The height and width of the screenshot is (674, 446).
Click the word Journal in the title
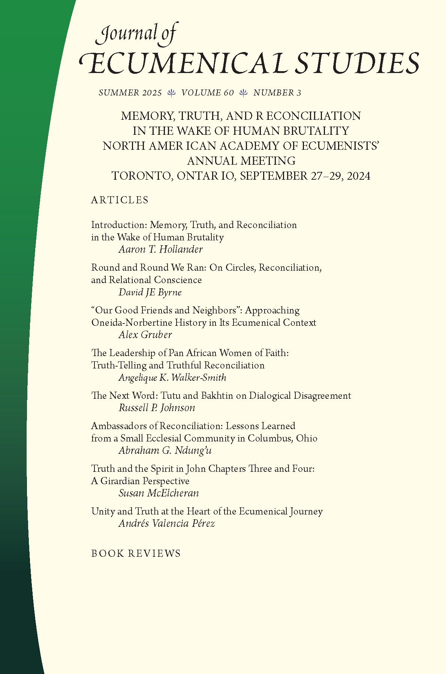tap(126, 34)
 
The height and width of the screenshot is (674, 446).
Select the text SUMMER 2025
tap(130, 93)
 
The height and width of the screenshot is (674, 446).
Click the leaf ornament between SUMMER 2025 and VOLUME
tap(172, 93)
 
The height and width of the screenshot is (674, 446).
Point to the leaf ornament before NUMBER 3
tap(244, 93)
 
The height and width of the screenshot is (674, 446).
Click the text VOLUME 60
tap(207, 93)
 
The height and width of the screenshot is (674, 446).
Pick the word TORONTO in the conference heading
tap(142, 176)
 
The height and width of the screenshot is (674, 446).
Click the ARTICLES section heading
tap(120, 200)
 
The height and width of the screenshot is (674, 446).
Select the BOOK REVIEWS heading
tap(136, 553)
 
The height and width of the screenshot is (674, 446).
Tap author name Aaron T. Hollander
tap(161, 249)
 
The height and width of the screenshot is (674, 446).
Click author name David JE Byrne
tap(150, 292)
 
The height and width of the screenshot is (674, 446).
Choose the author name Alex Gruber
tap(145, 335)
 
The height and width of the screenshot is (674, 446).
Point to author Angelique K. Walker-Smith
tap(172, 377)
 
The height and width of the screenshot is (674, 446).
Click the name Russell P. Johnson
tap(157, 408)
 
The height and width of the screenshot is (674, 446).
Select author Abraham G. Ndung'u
tap(165, 450)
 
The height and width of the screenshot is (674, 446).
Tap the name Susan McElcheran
tap(159, 493)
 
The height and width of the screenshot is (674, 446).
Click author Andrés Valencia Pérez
tap(167, 523)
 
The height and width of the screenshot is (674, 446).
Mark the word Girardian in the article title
tap(120, 481)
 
